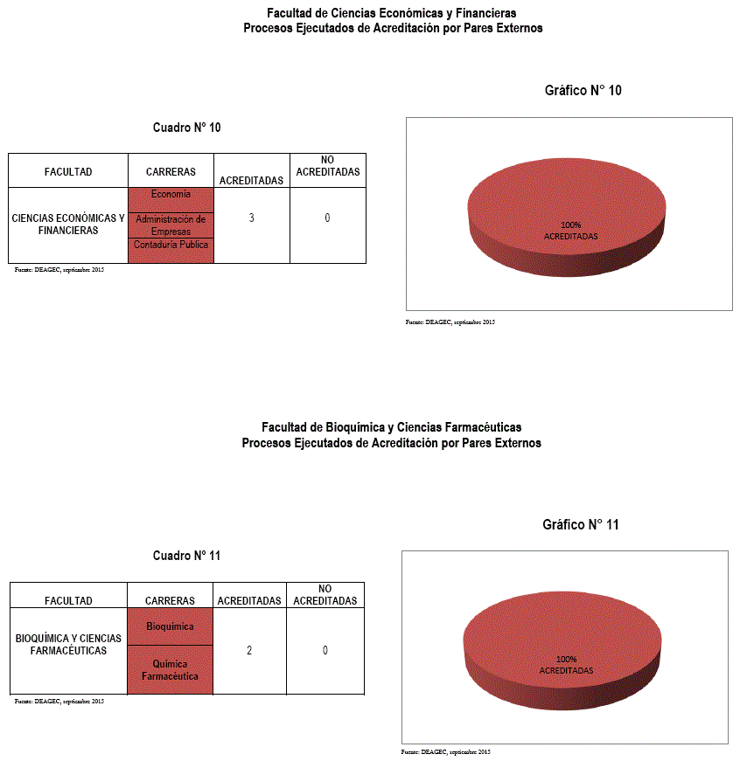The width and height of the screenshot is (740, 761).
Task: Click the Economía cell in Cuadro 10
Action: point(171,195)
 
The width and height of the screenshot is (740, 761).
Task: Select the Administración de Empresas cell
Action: point(171,225)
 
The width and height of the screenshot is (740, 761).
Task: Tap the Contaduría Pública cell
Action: point(171,246)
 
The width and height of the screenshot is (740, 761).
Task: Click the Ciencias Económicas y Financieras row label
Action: point(68,225)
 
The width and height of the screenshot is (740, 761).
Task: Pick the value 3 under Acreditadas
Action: point(251,218)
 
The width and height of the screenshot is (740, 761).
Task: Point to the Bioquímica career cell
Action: point(170,626)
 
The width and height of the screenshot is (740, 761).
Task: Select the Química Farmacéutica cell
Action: point(170,670)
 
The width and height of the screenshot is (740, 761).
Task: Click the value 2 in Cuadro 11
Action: point(249,650)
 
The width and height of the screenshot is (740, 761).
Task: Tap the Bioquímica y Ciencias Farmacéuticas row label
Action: point(68,645)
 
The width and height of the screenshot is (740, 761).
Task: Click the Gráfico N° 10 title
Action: point(583,90)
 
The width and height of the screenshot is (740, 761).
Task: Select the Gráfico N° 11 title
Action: point(580,525)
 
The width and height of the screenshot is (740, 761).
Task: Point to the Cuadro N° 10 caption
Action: point(186,128)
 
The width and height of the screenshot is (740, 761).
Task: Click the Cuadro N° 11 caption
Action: point(186,556)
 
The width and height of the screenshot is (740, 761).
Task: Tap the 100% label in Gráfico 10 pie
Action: point(570,225)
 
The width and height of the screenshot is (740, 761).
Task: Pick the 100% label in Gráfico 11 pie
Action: point(566,659)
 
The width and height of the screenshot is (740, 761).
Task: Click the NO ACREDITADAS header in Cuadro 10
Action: point(327,166)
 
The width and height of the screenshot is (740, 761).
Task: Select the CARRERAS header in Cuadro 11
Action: point(170,600)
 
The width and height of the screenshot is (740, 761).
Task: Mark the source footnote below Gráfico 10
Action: point(450,322)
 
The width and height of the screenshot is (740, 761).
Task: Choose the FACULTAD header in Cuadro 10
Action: point(68,172)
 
